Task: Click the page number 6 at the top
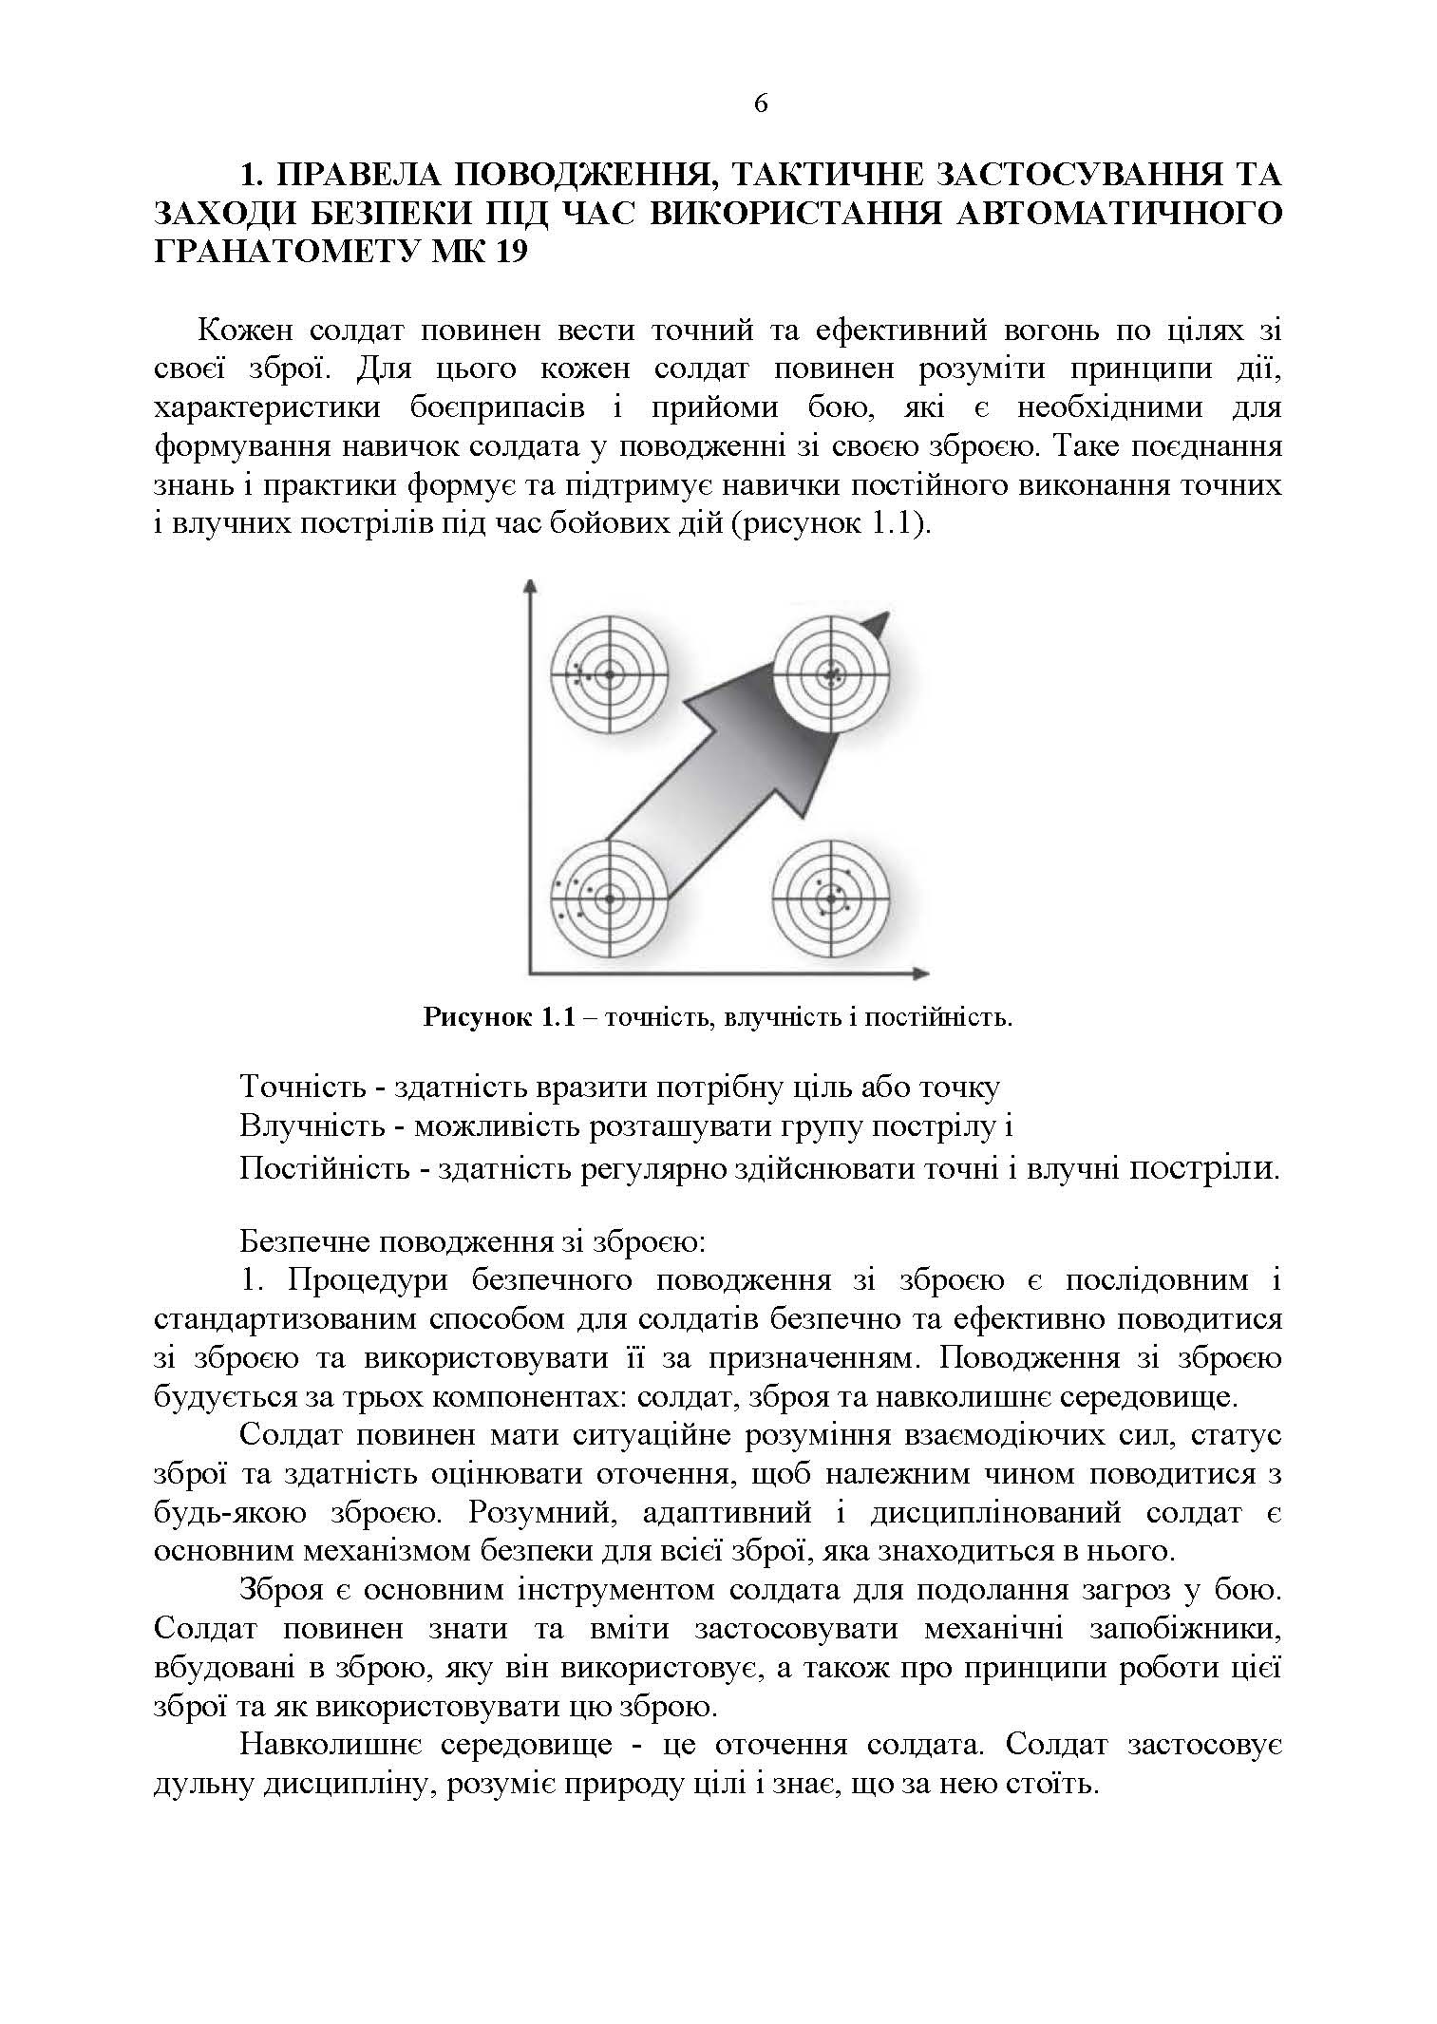(x=761, y=104)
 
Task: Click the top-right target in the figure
(x=830, y=674)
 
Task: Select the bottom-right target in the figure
(x=830, y=898)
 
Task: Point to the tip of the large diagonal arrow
(x=886, y=615)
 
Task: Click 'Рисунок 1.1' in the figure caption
(x=499, y=1019)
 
